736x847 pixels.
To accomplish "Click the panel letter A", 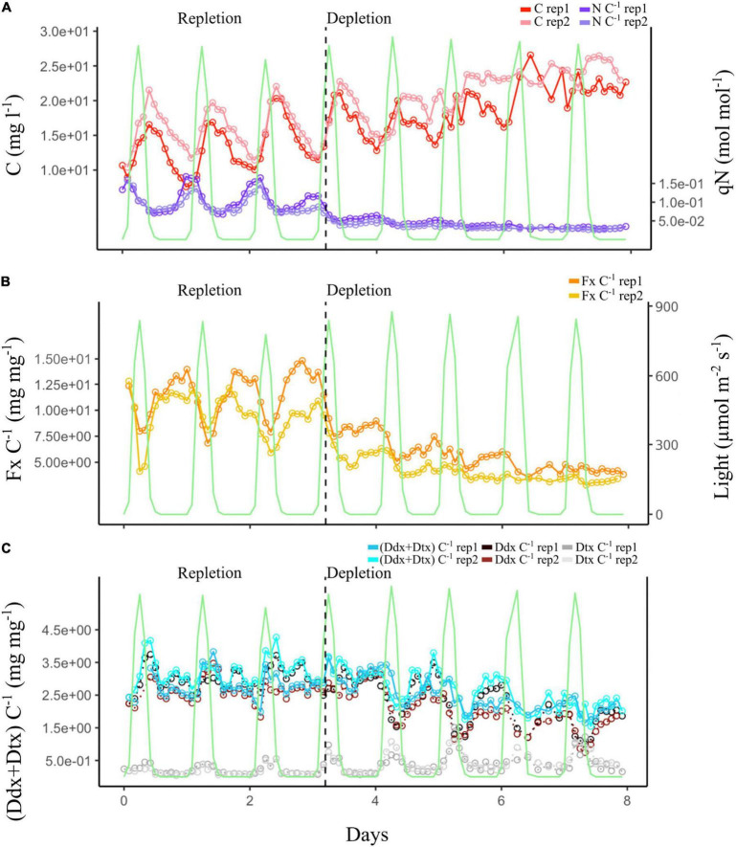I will coord(8,7).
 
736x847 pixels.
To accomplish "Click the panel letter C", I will coord(8,548).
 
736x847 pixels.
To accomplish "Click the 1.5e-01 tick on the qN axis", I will coord(682,183).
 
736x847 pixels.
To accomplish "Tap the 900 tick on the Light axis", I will coord(670,306).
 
